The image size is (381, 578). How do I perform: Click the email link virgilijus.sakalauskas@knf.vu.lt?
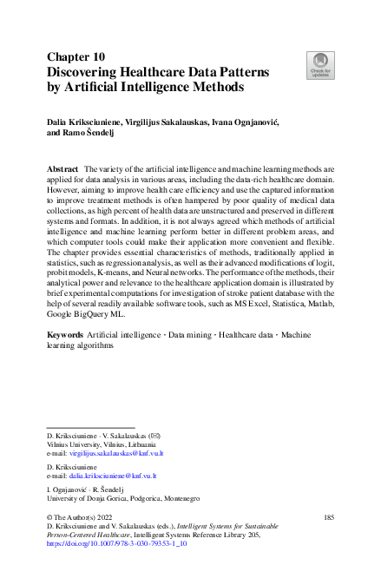click(x=116, y=453)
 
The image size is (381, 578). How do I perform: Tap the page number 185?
click(x=328, y=517)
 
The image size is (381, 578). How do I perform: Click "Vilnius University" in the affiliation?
click(x=73, y=442)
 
